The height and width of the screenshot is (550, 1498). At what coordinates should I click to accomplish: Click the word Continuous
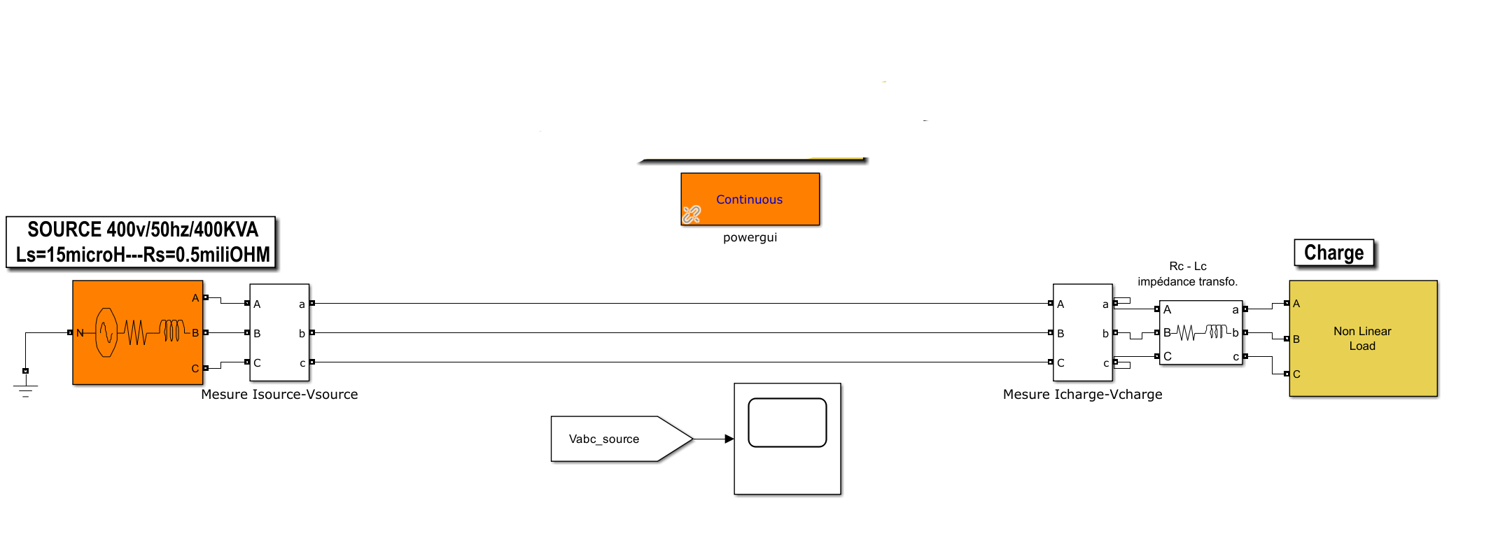click(749, 199)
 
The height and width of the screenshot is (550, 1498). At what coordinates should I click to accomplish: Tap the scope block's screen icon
click(787, 423)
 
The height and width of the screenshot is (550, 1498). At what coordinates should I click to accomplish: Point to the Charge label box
click(1334, 253)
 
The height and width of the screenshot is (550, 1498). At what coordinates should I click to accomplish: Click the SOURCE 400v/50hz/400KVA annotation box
click(141, 242)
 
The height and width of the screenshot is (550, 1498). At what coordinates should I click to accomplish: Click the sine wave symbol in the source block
click(106, 332)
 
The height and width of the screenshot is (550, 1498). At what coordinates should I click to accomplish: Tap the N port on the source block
click(71, 332)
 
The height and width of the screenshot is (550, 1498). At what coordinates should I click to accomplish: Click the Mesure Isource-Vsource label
click(279, 395)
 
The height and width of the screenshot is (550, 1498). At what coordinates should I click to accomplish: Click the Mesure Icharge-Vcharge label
click(1082, 395)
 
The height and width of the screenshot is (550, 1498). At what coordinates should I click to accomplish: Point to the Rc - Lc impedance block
click(1201, 332)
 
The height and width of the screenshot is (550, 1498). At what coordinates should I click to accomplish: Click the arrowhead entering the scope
click(729, 439)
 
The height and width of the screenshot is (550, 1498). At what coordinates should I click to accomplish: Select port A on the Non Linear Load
click(1287, 303)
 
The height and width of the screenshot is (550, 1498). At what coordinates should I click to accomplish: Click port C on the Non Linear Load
click(1287, 374)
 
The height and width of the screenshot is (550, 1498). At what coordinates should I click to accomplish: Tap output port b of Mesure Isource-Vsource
click(311, 332)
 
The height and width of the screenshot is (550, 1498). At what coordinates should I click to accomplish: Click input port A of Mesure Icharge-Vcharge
click(1051, 303)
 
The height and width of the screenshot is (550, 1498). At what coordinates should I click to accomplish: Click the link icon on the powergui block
click(692, 214)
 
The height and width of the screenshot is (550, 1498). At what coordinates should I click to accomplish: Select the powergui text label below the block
click(750, 237)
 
